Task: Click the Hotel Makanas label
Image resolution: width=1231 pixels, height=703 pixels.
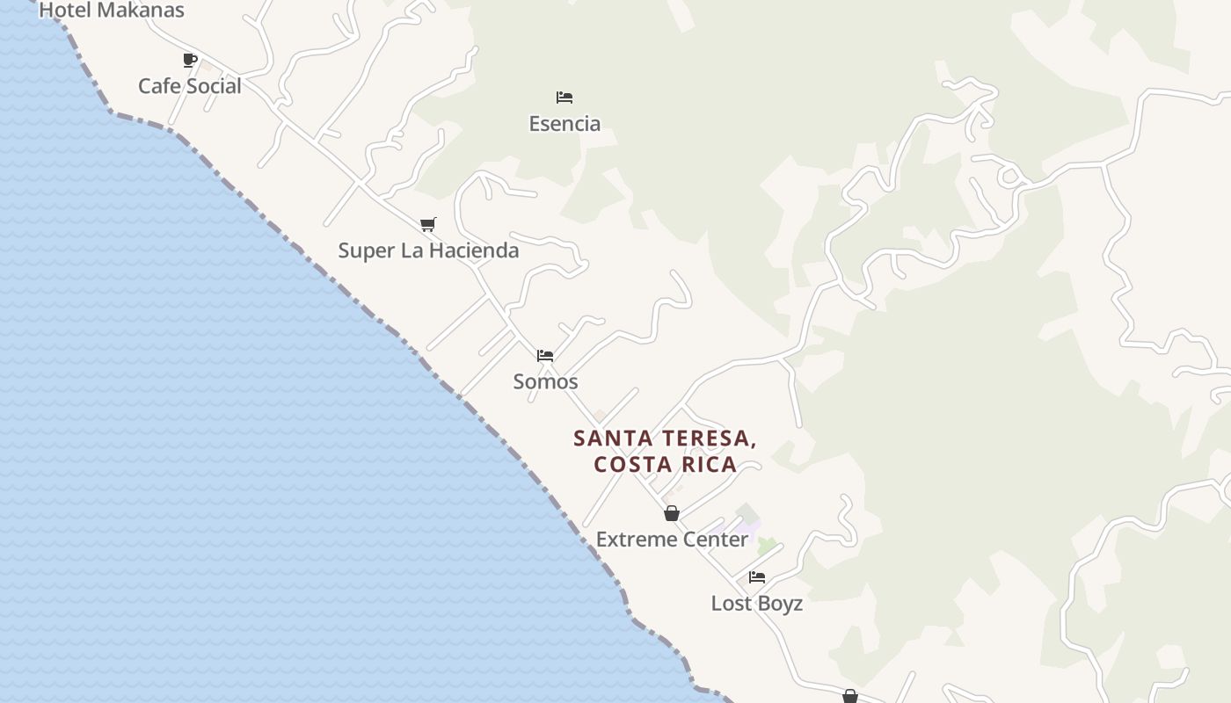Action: coord(112,11)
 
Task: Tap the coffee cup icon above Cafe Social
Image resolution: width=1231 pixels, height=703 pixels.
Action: coord(189,60)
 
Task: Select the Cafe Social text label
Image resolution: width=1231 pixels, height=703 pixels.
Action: coord(189,86)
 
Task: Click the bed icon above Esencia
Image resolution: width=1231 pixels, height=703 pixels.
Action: coord(565,97)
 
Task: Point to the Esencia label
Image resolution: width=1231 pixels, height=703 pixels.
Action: coord(565,124)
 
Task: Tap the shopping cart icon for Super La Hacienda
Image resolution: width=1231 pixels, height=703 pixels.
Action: coord(428,224)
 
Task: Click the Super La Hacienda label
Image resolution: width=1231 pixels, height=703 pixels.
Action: coord(428,250)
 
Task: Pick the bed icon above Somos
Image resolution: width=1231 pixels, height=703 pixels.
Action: coord(545,356)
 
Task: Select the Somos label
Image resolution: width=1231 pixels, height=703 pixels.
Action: coord(545,381)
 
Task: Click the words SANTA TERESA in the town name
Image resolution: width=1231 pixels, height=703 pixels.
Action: coord(665,438)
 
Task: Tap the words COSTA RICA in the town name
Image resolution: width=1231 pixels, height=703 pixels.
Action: coord(665,464)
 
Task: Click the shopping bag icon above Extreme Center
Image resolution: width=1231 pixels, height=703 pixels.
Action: coord(672,513)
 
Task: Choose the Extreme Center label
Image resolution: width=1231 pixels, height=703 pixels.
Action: coord(672,540)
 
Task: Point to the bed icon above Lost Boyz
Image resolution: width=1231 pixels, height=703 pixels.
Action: coord(757,577)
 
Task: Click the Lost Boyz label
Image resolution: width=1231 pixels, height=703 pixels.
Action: coord(756,604)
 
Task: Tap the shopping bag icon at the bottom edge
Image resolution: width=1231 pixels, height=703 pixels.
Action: coord(850,696)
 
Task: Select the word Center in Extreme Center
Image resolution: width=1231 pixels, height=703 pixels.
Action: coord(713,540)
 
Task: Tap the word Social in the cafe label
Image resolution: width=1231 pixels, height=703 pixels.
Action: coord(214,86)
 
